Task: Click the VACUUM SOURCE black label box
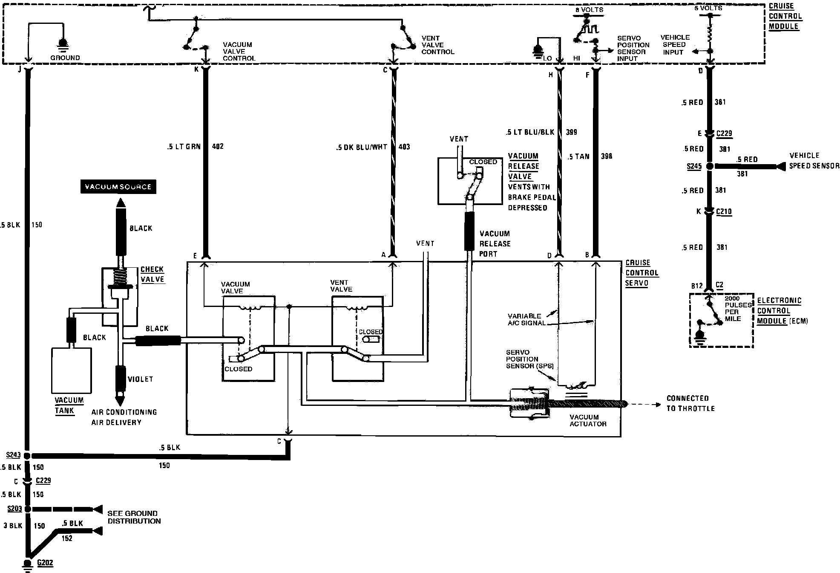(118, 187)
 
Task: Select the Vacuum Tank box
(72, 370)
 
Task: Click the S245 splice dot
(710, 166)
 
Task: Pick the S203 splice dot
(28, 509)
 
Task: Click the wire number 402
(218, 147)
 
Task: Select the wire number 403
(404, 147)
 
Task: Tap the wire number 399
(571, 132)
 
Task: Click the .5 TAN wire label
(578, 156)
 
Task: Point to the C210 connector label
(724, 212)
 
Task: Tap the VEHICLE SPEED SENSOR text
(814, 161)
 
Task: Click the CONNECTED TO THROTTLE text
(690, 403)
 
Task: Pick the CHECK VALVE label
(152, 275)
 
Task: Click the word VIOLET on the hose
(140, 379)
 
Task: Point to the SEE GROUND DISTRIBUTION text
(134, 517)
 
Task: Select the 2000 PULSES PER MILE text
(738, 309)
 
